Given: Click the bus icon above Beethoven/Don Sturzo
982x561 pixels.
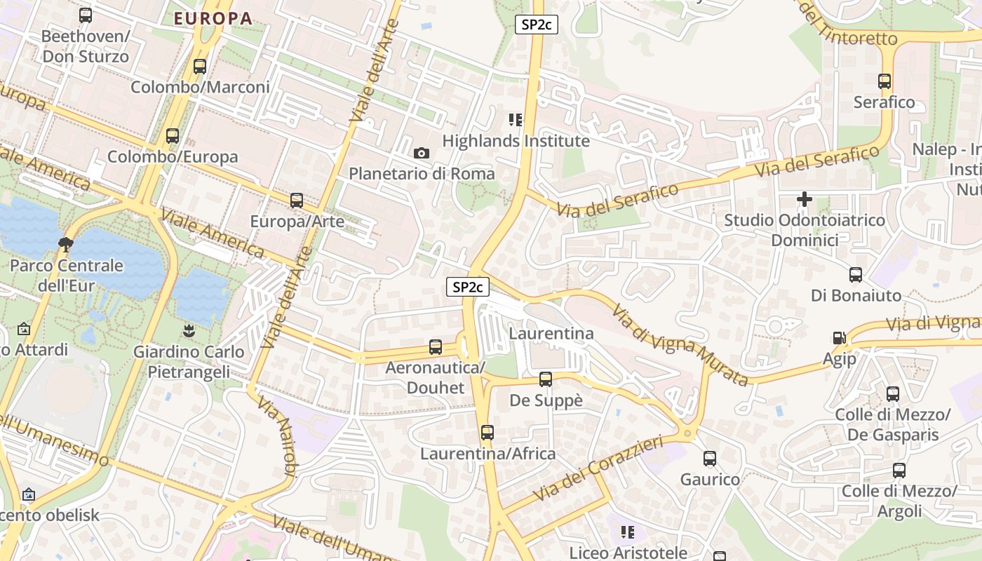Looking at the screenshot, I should [x=86, y=15].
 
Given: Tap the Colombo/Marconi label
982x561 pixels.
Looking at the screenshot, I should [x=200, y=88].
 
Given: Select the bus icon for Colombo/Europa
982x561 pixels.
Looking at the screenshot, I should [x=173, y=136].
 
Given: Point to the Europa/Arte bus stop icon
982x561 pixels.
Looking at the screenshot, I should [x=297, y=201].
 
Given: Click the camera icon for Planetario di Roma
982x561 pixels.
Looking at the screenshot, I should [x=422, y=153].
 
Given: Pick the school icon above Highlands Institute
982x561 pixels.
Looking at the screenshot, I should [x=516, y=120].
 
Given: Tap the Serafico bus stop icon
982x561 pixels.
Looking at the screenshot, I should [x=885, y=81].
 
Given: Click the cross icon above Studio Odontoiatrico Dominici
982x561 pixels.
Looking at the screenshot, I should [x=805, y=199].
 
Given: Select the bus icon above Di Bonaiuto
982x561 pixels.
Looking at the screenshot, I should [x=856, y=274].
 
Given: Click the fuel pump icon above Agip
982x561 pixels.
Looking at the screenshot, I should [x=839, y=338].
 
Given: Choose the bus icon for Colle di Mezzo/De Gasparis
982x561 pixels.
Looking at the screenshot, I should [x=892, y=394].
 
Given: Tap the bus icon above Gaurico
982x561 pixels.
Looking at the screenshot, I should [x=710, y=459].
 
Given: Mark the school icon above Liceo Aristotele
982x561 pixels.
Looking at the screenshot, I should [x=628, y=532].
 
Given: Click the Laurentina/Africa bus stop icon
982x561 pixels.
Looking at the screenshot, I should [x=487, y=433].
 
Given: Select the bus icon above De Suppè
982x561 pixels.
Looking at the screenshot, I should [x=546, y=379].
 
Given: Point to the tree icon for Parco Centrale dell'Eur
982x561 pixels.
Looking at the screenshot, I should [x=66, y=244].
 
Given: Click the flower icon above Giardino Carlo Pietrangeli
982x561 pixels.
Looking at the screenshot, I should [x=189, y=330].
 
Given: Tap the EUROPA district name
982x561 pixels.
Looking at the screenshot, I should [x=213, y=18].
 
